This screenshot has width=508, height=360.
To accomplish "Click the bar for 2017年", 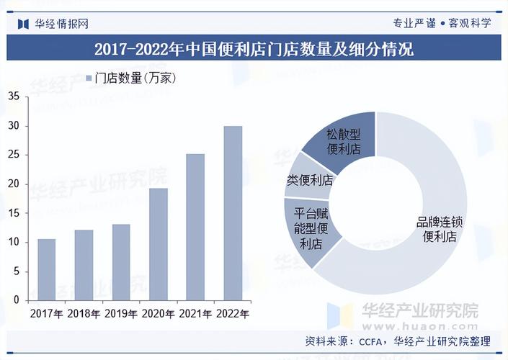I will tap(46, 269).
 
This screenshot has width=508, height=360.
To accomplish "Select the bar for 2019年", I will tap(121, 262).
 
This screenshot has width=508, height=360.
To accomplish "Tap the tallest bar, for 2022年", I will tap(233, 213).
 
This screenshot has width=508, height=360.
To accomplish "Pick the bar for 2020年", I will tap(159, 244).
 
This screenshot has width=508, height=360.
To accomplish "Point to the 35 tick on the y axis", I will tap(13, 96).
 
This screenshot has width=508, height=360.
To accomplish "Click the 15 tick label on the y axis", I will tap(13, 213).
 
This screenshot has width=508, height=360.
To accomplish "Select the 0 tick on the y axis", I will tap(16, 300).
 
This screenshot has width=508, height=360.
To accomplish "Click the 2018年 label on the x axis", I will tap(84, 314).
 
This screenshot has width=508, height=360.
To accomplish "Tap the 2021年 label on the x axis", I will tap(195, 314).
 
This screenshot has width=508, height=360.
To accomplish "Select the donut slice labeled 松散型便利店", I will tap(343, 140).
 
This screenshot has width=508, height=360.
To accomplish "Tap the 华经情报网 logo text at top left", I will tap(62, 23).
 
